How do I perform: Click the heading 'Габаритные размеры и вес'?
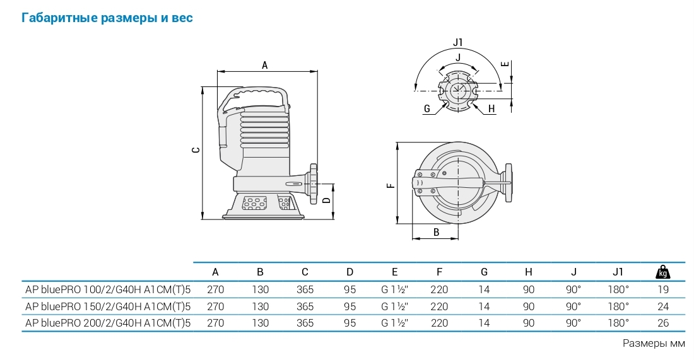[x=107, y=18]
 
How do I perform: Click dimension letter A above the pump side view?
[x=265, y=65]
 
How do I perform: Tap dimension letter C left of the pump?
[x=196, y=150]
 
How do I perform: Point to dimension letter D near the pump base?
[x=326, y=200]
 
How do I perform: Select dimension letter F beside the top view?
[x=391, y=185]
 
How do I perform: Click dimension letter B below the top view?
[x=437, y=232]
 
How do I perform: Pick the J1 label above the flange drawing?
[x=458, y=42]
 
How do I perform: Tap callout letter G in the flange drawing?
[x=427, y=109]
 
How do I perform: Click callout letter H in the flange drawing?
[x=491, y=109]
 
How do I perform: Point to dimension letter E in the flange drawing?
[x=504, y=64]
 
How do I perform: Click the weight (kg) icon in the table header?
[x=662, y=272]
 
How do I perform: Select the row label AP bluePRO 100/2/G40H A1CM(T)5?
[x=107, y=290]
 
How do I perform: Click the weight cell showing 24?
[x=662, y=306]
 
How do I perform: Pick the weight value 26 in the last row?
[x=662, y=323]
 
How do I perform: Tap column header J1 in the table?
[x=618, y=272]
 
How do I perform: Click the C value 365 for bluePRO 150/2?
[x=305, y=306]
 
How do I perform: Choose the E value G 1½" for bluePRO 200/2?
[x=395, y=323]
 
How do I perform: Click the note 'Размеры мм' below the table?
[x=654, y=344]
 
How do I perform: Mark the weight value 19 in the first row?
[x=662, y=290]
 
